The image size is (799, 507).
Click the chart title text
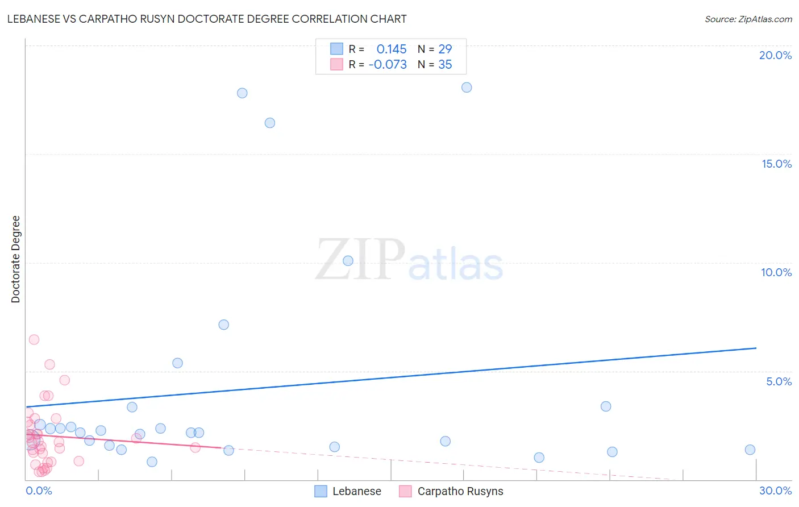pos(207,19)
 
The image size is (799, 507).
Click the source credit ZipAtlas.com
pos(748,19)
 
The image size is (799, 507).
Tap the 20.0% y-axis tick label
pos(775,55)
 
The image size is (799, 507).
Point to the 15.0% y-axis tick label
pos(776,164)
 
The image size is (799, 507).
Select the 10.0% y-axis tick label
pos(776,272)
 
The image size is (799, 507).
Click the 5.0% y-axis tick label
pos(779,381)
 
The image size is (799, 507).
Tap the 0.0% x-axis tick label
pos(39,491)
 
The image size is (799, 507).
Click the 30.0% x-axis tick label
pos(775,491)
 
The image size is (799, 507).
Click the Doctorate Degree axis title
pos(15,259)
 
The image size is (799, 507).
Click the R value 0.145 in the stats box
pos(392,49)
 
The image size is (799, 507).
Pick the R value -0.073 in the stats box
pos(388,64)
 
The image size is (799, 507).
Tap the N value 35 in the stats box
pos(445,64)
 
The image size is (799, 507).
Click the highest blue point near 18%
pos(467,87)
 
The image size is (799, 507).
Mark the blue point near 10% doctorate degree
pos(348,261)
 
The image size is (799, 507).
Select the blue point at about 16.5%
pos(270,123)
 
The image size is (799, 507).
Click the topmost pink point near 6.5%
pos(34,339)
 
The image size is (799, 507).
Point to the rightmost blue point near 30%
pos(750,450)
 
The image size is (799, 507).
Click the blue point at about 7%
pos(224,325)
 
